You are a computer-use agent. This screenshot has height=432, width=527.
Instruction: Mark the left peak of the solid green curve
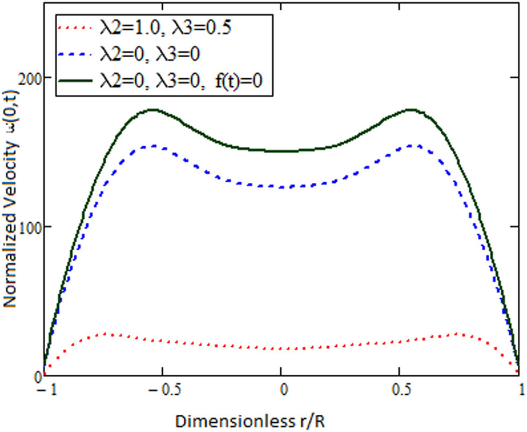tap(154, 109)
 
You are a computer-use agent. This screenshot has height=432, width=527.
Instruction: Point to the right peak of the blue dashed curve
tap(408, 146)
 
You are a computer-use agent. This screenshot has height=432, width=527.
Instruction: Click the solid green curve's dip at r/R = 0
tap(281, 151)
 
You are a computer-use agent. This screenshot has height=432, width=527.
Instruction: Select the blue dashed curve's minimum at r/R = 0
tap(281, 187)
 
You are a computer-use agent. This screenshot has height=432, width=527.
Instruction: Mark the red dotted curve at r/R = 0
tap(281, 348)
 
